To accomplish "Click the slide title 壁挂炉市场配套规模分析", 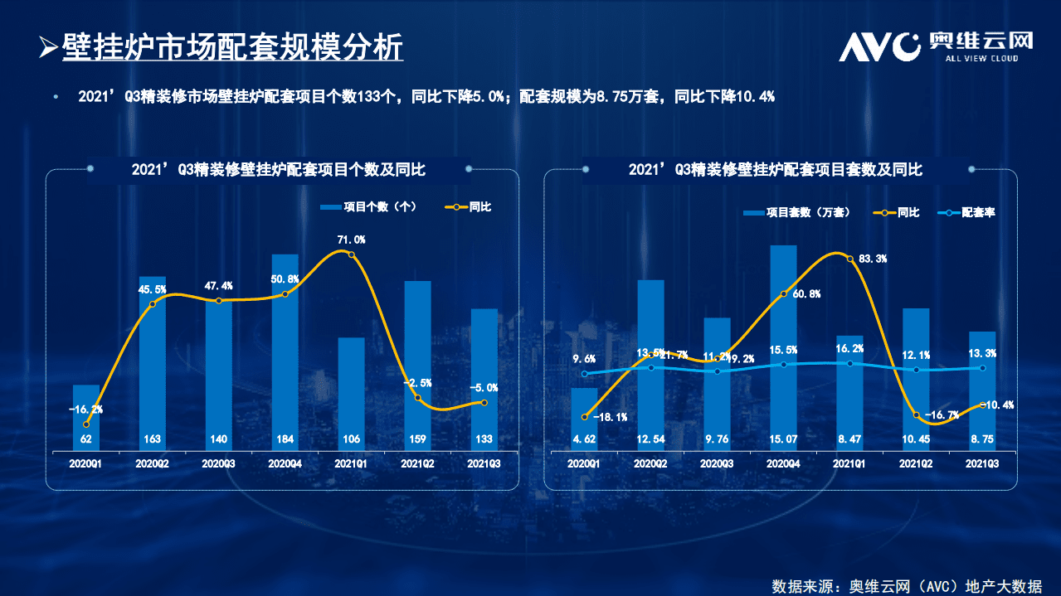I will coord(232,47).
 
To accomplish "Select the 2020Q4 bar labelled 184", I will coord(285,352).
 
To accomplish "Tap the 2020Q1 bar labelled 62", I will coord(86,418).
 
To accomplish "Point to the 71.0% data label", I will coord(351,240).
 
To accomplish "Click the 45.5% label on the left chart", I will coord(152,289).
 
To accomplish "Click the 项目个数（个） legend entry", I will coord(367,206).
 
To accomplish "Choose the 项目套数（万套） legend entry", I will coord(797,212).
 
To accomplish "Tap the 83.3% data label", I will coord(871,259).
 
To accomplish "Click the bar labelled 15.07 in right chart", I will coord(783,348).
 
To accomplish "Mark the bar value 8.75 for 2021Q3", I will coord(982,439).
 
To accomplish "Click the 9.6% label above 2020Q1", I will coord(584,359).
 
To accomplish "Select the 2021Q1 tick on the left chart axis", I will coord(351,464).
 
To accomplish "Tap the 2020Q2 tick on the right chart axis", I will coord(650,464).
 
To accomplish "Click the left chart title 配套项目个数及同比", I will coord(279,170).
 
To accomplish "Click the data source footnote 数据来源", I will coord(907,585).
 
